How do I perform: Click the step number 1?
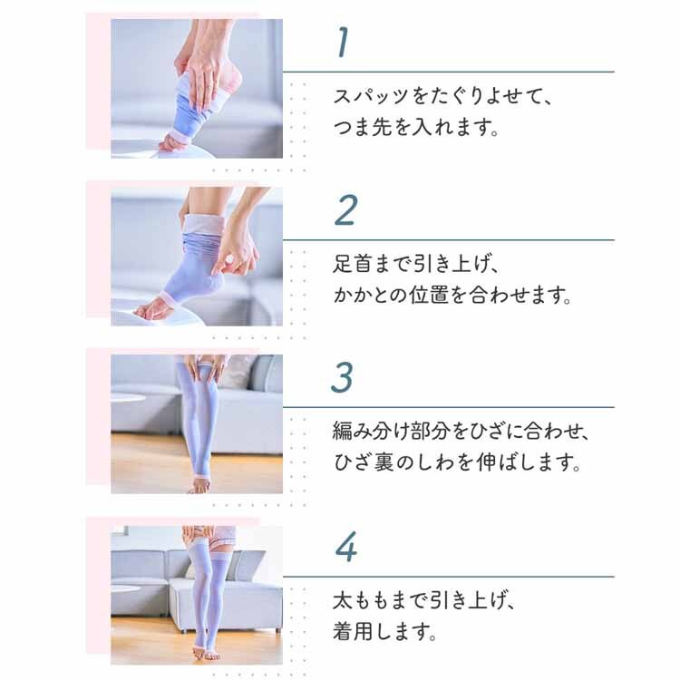tap(342, 43)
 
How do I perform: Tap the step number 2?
tap(345, 210)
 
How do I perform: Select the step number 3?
tap(342, 378)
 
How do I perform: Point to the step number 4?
tap(345, 547)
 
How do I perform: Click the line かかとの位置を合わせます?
tap(452, 296)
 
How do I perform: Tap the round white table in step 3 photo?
tap(137, 400)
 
